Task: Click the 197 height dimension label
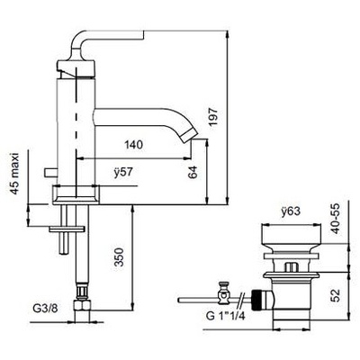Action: point(214,118)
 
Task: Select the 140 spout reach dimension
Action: point(133,145)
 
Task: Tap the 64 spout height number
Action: point(193,172)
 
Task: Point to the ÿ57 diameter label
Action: point(123,173)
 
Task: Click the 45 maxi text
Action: point(14,174)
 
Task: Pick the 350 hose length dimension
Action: point(120,257)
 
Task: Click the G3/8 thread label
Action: point(44,310)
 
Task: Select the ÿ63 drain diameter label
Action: point(291,212)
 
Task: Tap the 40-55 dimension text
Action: point(337,219)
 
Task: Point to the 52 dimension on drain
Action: point(337,295)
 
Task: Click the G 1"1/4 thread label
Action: point(225,316)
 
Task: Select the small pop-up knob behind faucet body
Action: point(50,173)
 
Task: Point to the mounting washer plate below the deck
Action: point(67,229)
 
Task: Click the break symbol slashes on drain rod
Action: point(241,300)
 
